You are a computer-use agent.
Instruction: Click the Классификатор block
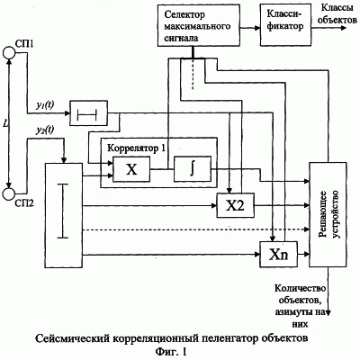[x=285, y=25]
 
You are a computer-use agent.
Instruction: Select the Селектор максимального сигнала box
[x=199, y=25]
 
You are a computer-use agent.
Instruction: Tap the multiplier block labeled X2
[x=235, y=205]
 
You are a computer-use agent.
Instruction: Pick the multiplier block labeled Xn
[x=278, y=255]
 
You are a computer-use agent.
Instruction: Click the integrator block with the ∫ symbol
[x=193, y=169]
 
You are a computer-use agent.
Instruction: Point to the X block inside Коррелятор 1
[x=131, y=169]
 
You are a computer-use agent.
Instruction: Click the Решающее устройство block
[x=328, y=214]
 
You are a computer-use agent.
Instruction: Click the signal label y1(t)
[x=45, y=105]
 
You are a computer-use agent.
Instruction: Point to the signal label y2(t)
[x=45, y=130]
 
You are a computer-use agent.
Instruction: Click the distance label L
[x=5, y=123]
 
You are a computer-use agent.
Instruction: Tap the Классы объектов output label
[x=337, y=13]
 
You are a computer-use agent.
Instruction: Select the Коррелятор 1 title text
[x=136, y=148]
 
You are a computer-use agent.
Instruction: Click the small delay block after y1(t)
[x=88, y=113]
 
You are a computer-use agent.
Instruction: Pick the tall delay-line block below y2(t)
[x=64, y=215]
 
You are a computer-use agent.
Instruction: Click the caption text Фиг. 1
[x=171, y=351]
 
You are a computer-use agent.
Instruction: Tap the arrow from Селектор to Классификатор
[x=250, y=28]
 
